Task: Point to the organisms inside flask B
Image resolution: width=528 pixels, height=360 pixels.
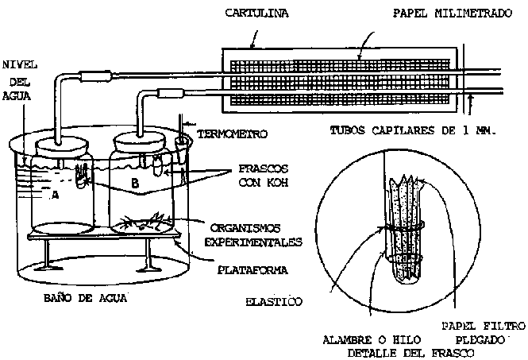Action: pyautogui.click(x=147, y=221)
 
